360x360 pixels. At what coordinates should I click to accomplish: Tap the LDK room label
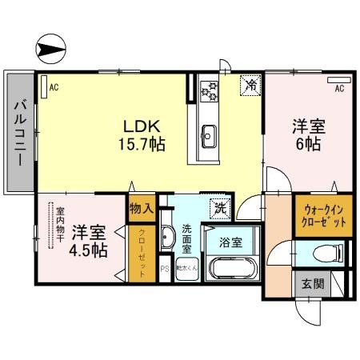142,126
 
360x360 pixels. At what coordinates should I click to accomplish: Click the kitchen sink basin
210,134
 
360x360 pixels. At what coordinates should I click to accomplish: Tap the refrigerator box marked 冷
250,83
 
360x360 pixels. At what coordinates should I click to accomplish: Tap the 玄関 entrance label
312,284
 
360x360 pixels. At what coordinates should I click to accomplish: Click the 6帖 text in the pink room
308,145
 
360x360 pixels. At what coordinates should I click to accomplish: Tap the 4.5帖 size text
90,250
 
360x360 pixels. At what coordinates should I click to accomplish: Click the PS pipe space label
165,269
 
